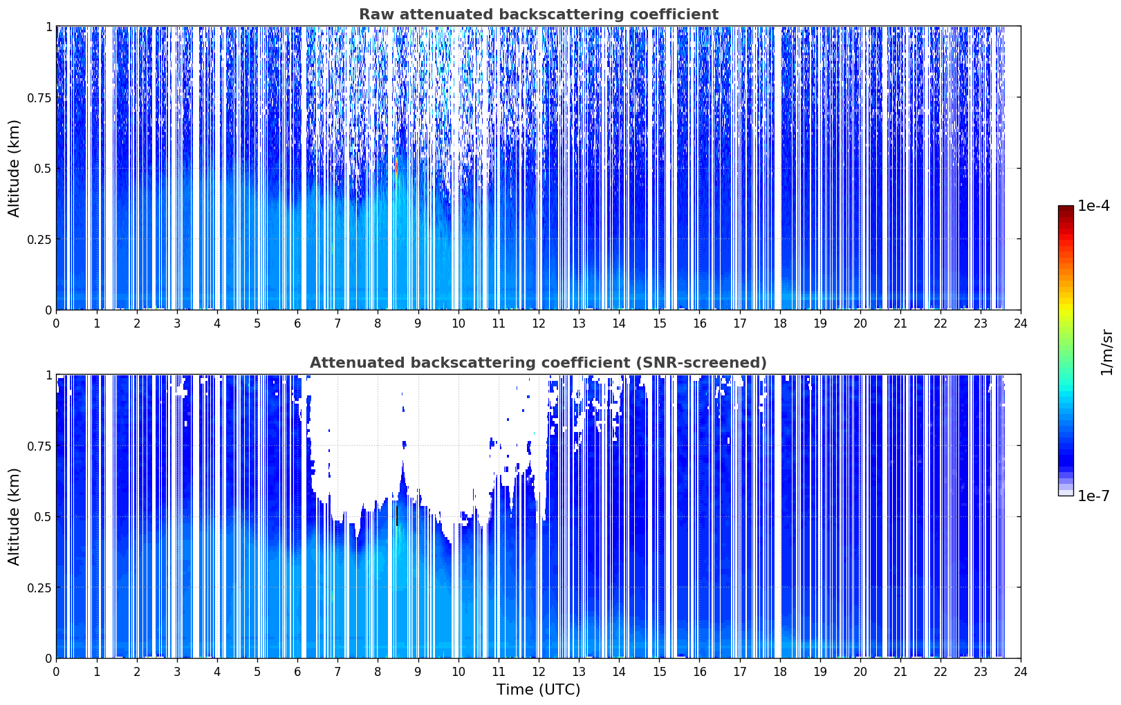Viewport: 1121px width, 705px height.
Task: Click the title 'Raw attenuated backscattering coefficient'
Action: tap(539, 14)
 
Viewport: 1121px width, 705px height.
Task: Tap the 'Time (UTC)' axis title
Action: tap(539, 690)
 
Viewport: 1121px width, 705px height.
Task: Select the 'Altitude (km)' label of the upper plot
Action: tap(14, 168)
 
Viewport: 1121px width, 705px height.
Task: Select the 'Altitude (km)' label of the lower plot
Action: tap(14, 516)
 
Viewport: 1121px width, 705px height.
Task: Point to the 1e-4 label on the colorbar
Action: tap(1093, 205)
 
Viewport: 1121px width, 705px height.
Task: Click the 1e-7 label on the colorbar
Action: tap(1093, 496)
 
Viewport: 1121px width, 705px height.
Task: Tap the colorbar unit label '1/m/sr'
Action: tap(1107, 352)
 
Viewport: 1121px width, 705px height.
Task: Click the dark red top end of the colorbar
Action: tap(1066, 209)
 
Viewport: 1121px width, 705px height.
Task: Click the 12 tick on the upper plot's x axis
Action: tap(539, 323)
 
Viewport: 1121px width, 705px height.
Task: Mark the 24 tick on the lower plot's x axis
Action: tap(1021, 672)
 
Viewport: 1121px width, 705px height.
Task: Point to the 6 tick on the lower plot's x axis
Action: tap(297, 672)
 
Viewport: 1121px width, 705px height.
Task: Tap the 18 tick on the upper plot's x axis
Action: tap(779, 323)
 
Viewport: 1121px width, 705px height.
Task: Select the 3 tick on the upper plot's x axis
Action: tap(176, 323)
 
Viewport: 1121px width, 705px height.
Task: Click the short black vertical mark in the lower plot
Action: tap(397, 516)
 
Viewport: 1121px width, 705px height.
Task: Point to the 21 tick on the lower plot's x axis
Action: tap(900, 672)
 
